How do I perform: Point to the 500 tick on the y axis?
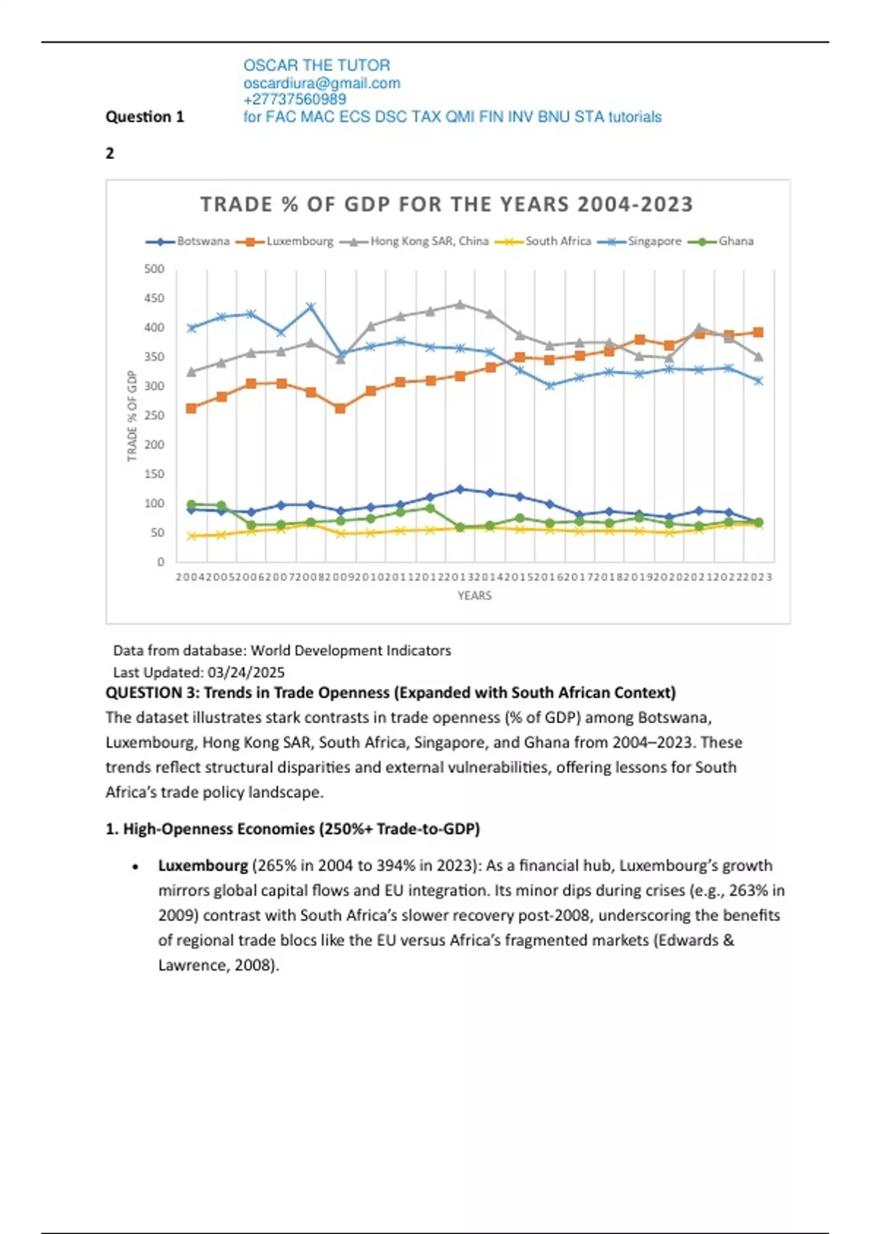[x=155, y=269]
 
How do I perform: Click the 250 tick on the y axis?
[x=155, y=416]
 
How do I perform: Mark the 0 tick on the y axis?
[x=160, y=562]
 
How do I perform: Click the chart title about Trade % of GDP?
[x=446, y=205]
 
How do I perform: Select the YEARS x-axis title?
[x=475, y=596]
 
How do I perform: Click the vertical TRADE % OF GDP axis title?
[x=132, y=416]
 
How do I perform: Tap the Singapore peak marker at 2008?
[x=311, y=307]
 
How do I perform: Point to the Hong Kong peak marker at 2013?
[x=460, y=304]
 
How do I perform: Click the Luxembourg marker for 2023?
[x=758, y=332]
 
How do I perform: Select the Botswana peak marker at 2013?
[x=460, y=489]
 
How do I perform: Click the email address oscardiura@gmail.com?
[x=322, y=83]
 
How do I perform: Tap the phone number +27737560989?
[x=295, y=99]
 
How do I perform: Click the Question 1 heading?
[x=145, y=117]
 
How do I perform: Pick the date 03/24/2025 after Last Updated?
[x=246, y=673]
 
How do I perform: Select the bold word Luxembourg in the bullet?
[x=203, y=866]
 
